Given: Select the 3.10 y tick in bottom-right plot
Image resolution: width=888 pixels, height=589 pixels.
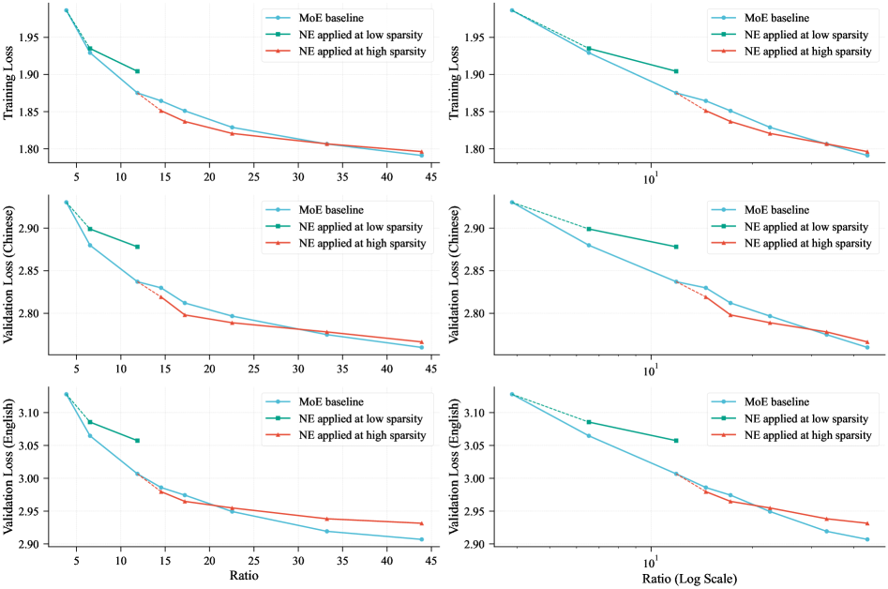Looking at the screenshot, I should coord(480,413).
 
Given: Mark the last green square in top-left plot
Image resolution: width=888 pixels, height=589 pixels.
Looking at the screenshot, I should coord(137,71).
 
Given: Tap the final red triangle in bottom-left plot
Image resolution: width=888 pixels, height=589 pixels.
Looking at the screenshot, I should coord(422,523).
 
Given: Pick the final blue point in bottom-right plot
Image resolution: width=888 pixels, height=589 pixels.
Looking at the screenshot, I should coord(867,539).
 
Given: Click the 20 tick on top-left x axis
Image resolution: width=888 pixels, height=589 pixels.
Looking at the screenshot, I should coord(209,175).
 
